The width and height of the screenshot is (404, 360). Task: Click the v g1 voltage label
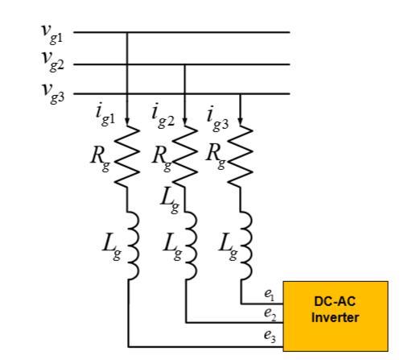click(52, 35)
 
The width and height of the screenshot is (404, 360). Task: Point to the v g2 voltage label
click(53, 62)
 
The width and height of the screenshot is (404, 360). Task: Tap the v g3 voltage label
click(53, 93)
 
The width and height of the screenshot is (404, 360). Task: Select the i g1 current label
click(105, 115)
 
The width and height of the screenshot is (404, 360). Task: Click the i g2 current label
click(163, 115)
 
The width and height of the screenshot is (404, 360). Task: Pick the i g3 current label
click(218, 119)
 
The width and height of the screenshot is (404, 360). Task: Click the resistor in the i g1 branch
click(127, 155)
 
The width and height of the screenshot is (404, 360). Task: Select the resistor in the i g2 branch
click(185, 155)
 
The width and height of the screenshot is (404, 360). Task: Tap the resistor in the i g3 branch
click(240, 155)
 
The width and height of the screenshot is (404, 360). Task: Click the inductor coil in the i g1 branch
click(134, 246)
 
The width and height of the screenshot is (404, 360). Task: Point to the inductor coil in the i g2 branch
click(192, 246)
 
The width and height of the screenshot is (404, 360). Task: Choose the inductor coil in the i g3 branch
click(246, 246)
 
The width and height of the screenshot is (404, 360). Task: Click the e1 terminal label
click(269, 295)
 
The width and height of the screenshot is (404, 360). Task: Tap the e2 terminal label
click(270, 314)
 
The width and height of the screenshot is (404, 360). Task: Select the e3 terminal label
click(270, 337)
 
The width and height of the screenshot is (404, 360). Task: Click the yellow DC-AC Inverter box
click(336, 317)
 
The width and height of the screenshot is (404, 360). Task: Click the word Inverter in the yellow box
click(335, 317)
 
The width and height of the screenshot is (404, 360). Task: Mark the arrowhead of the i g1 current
click(127, 122)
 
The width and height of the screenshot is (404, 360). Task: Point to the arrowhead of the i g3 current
click(240, 122)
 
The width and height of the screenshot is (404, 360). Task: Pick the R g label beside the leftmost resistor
click(100, 159)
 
